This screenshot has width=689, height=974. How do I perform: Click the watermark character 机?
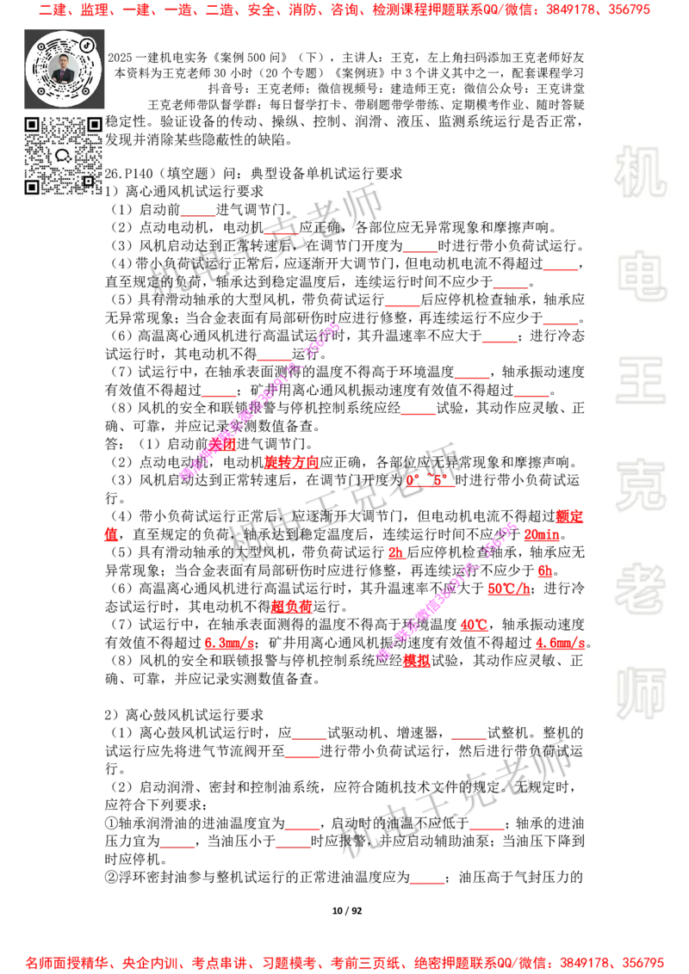(640, 172)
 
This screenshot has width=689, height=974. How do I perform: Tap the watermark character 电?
(643, 275)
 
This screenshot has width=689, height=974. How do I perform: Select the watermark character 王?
(640, 381)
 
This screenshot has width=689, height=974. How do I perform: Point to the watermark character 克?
(640, 485)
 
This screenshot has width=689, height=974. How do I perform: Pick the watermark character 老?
(640, 589)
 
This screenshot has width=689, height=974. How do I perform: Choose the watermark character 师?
(640, 694)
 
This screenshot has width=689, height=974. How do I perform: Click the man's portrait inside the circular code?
(63, 68)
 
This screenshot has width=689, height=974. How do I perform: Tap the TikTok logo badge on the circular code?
(87, 46)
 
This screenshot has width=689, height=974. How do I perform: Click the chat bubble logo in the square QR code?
(63, 156)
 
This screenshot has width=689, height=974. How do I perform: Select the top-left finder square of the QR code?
(32, 125)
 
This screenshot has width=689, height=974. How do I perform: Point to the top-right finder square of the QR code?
(94, 125)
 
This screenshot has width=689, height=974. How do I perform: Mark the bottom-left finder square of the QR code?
(32, 187)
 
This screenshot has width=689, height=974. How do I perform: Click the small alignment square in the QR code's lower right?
(88, 181)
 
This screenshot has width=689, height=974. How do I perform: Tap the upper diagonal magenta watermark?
(260, 400)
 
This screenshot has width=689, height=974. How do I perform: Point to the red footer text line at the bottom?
(344, 963)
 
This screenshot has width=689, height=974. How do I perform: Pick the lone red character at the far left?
(111, 534)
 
